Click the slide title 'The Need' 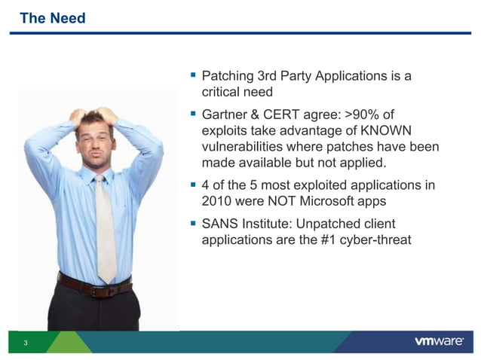point(52,18)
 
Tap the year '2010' point(219,202)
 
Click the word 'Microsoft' point(337,202)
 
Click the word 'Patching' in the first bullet point(228,76)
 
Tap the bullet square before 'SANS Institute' point(193,224)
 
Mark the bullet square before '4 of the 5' point(193,185)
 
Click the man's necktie point(104,226)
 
